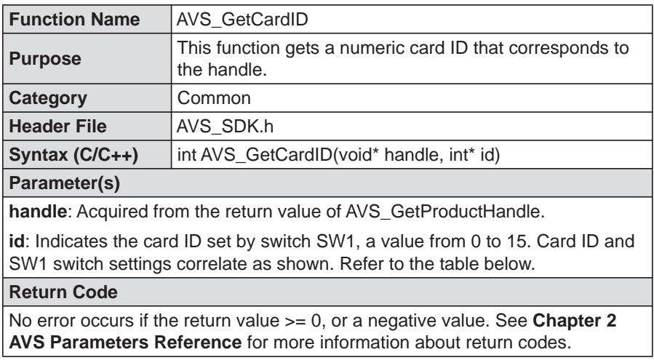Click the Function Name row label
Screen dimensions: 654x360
point(74,20)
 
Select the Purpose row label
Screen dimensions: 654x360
point(44,59)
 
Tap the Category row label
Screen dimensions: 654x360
point(48,98)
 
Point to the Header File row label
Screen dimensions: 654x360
point(57,127)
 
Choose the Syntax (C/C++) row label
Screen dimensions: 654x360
point(73,155)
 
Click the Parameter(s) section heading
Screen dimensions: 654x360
point(64,183)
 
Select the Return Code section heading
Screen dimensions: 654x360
point(63,292)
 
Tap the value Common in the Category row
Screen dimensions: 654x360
point(214,98)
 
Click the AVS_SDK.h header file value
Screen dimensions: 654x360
point(226,127)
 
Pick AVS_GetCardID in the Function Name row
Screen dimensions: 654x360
point(242,20)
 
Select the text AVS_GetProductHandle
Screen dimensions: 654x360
point(445,212)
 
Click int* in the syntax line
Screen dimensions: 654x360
point(462,155)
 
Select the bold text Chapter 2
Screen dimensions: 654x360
point(574,321)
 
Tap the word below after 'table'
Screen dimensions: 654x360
point(513,264)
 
